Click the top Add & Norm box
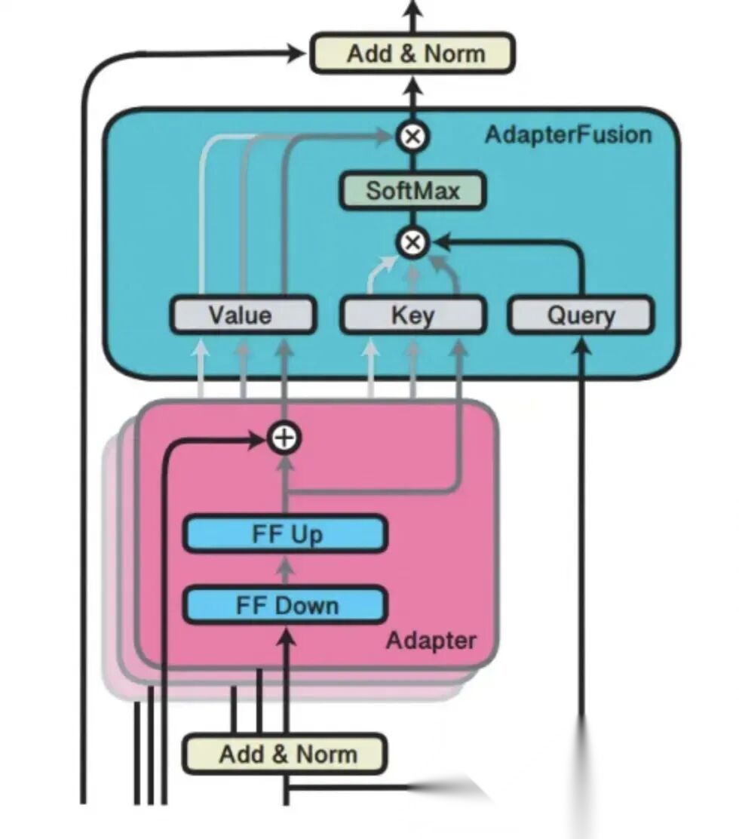click(x=412, y=54)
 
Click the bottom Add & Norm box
click(x=284, y=754)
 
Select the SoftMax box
click(x=412, y=191)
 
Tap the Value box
click(x=241, y=315)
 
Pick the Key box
click(x=412, y=315)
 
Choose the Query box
click(x=581, y=315)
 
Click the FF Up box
click(x=286, y=534)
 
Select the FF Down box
click(x=286, y=605)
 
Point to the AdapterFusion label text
click(x=568, y=135)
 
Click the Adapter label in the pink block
click(x=431, y=641)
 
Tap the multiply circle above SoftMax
click(x=412, y=137)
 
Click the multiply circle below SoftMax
click(x=412, y=243)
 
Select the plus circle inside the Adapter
click(x=285, y=438)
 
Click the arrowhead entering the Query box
click(x=581, y=346)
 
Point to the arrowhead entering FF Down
click(x=285, y=638)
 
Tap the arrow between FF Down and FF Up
click(x=285, y=570)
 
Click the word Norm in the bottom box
click(x=326, y=754)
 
